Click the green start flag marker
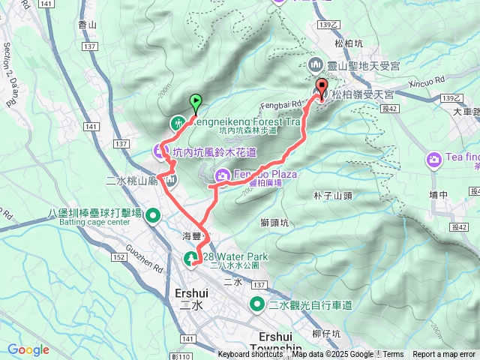coord(196,100)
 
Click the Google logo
coord(28,349)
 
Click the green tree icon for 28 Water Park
coord(191,259)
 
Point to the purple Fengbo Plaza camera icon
coord(222,176)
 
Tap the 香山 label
coord(88,25)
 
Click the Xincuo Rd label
coord(429,79)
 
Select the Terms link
coord(393,355)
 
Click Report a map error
coord(444,355)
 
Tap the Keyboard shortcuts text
coord(250,355)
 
